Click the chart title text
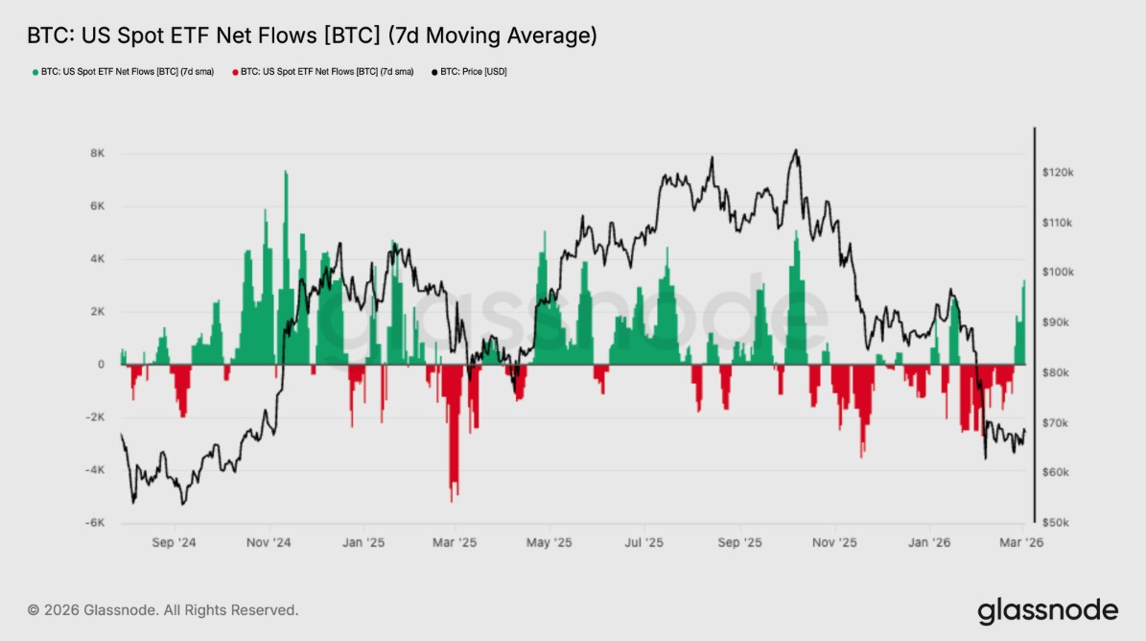pos(312,36)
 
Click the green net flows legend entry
pos(124,72)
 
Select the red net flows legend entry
pos(322,72)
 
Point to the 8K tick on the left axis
pos(98,154)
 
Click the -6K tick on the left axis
pos(95,523)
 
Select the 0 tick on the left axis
pos(101,365)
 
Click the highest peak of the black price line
pos(795,151)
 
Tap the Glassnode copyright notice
pos(163,610)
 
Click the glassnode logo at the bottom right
pos(1047,610)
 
